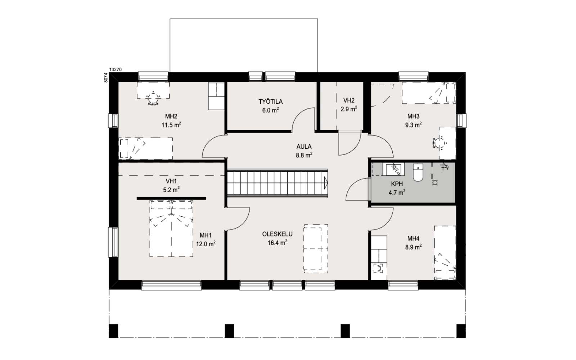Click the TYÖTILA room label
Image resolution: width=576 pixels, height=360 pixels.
pyautogui.click(x=270, y=102)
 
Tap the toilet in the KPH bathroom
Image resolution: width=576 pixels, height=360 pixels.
pyautogui.click(x=418, y=172)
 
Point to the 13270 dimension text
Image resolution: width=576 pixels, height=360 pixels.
pyautogui.click(x=116, y=69)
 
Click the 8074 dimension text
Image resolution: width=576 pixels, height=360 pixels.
pyautogui.click(x=106, y=77)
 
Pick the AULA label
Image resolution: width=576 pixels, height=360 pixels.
pyautogui.click(x=304, y=147)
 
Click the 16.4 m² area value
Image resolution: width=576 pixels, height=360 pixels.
pyautogui.click(x=278, y=243)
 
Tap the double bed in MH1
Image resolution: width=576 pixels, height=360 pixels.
pyautogui.click(x=171, y=228)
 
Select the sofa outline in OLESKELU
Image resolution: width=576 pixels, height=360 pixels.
pyautogui.click(x=316, y=249)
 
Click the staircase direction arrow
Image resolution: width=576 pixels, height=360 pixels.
pyautogui.click(x=326, y=183)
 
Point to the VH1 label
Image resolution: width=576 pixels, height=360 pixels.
pyautogui.click(x=171, y=181)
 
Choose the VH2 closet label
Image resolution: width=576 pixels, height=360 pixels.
pyautogui.click(x=349, y=100)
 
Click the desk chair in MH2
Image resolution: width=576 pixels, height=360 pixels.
pyautogui.click(x=153, y=99)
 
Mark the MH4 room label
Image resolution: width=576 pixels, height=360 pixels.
pyautogui.click(x=413, y=238)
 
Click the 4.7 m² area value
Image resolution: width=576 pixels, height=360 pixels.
pyautogui.click(x=397, y=193)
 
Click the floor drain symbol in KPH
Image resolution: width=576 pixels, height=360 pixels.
pyautogui.click(x=435, y=183)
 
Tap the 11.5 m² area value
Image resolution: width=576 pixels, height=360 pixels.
pyautogui.click(x=171, y=125)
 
